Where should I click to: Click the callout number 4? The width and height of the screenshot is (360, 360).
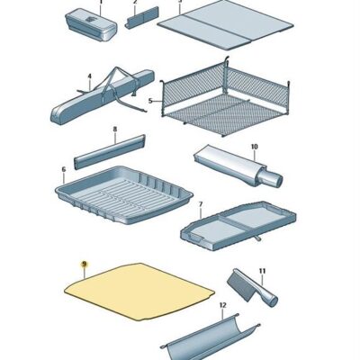point(89,76)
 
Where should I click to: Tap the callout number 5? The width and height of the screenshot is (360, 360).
point(150,101)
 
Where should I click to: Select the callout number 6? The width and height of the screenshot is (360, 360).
point(64,169)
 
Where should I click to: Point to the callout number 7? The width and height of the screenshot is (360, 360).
point(201,204)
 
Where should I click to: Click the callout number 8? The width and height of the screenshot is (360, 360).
point(115,130)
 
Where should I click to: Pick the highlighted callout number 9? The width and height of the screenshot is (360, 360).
point(84,265)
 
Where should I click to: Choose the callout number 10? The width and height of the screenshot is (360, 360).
point(254,147)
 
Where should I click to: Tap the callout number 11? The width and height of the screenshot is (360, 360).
point(262,271)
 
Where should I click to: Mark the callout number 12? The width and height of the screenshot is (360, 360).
point(222,305)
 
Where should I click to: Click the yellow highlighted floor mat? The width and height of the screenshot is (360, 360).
point(139,291)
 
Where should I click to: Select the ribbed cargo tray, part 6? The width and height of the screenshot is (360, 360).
point(124,195)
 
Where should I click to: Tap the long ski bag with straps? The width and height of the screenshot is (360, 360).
point(102,97)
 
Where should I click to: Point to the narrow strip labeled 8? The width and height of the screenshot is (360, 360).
point(110,151)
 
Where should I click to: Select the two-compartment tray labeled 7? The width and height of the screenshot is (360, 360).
point(238,226)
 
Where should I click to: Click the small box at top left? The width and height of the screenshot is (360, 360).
point(91,24)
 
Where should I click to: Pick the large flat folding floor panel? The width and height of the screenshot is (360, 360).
point(225,25)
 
